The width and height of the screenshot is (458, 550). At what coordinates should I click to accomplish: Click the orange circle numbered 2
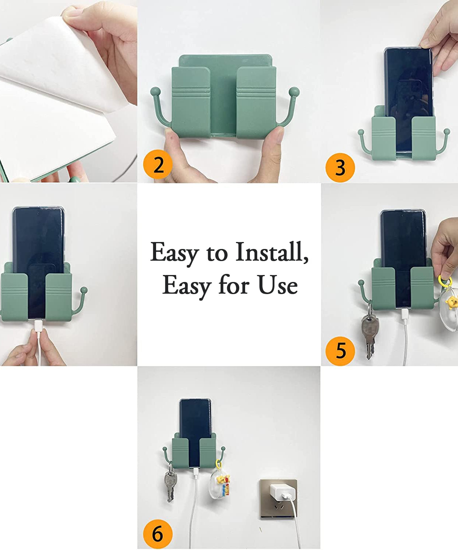tap(158, 165)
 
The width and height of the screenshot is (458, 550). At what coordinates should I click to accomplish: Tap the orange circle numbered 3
tap(340, 168)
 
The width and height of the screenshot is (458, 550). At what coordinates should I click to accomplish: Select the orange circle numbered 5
tap(340, 351)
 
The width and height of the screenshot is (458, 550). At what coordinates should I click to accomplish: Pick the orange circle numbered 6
tap(158, 534)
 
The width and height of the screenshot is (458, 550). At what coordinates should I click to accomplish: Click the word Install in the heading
tap(272, 252)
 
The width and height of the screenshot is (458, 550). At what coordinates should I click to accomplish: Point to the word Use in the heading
tap(277, 285)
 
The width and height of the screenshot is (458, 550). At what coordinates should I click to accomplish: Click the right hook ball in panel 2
tap(294, 91)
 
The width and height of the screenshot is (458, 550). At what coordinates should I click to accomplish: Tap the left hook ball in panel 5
tap(361, 283)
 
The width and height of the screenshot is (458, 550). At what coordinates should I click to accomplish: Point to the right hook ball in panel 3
tap(447, 131)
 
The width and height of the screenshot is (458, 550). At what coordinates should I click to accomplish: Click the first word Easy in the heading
tap(174, 253)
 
